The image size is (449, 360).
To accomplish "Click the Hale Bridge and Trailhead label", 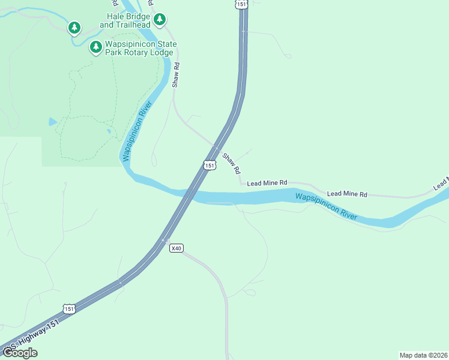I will click(x=125, y=21).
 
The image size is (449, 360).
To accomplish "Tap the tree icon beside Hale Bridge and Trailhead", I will click(x=159, y=20).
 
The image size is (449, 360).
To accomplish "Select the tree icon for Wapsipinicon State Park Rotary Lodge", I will click(x=95, y=47).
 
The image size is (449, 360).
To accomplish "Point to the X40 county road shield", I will click(x=176, y=248).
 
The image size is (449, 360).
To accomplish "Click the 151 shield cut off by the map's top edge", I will click(x=241, y=4).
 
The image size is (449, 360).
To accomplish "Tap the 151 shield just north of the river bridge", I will click(x=209, y=165).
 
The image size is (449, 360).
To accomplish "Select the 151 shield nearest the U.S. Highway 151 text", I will click(x=70, y=308).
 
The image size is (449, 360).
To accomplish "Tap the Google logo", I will click(x=20, y=352).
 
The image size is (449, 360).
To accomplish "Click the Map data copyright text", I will click(x=423, y=355).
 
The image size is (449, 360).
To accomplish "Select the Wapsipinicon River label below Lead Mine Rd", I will click(x=327, y=206).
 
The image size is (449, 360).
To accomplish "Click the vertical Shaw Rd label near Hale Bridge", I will click(x=176, y=73).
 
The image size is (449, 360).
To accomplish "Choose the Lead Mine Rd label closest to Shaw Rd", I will click(x=267, y=182).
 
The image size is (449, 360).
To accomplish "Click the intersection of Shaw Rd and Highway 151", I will click(x=216, y=147).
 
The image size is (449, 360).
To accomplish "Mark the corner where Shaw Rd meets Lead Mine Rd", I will click(x=241, y=183).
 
